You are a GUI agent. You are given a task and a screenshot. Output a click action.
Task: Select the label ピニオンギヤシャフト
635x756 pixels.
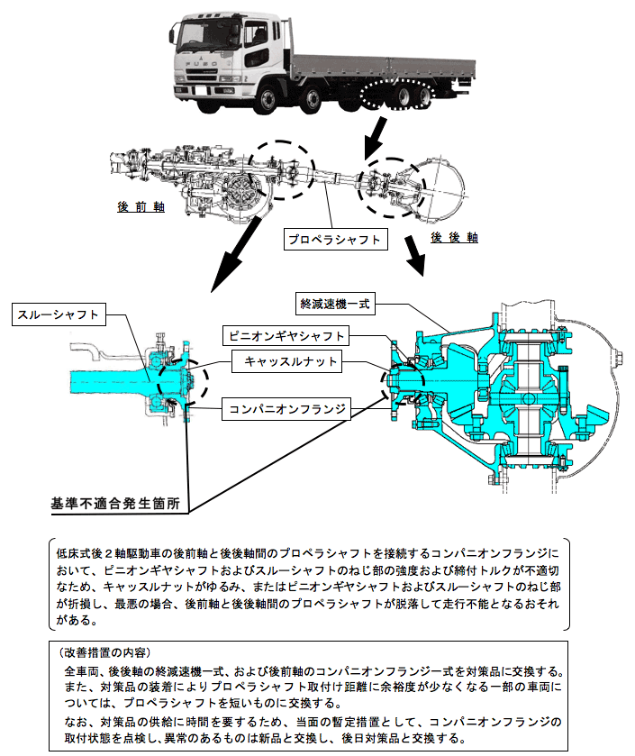tap(286, 336)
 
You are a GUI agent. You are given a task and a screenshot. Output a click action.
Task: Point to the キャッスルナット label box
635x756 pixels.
tap(286, 362)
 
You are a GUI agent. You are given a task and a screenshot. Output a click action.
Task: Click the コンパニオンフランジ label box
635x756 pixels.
tap(286, 409)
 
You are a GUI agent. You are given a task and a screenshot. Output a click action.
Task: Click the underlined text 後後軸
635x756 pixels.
tap(453, 238)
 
